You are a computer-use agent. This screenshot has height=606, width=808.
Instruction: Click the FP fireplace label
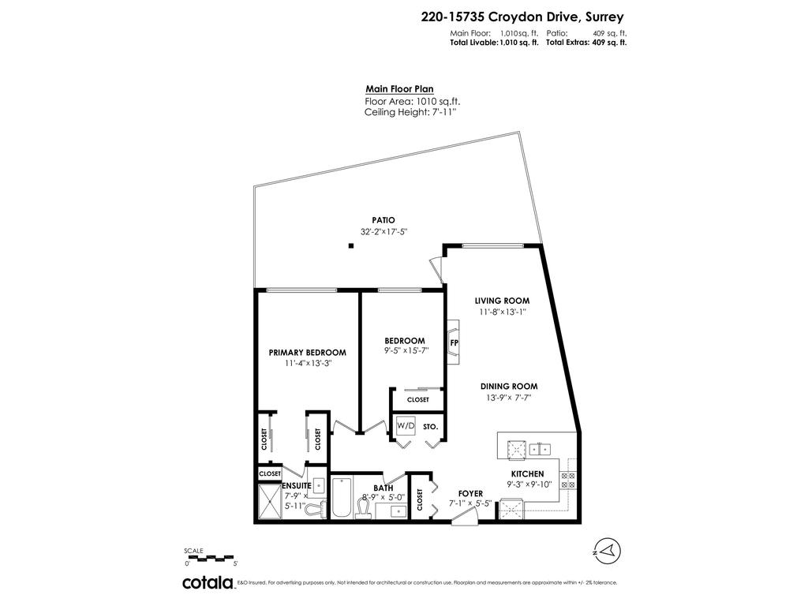[454, 343]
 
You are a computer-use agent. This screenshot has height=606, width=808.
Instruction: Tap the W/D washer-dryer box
[406, 426]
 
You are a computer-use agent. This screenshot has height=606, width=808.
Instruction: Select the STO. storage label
[430, 427]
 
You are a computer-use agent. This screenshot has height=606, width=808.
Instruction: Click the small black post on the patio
[351, 247]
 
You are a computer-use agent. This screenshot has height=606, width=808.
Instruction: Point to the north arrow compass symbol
[606, 548]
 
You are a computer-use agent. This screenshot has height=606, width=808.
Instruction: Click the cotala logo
[208, 583]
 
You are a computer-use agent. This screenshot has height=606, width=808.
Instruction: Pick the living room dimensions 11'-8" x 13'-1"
[501, 313]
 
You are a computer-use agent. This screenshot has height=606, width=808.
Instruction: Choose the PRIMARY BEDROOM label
[307, 352]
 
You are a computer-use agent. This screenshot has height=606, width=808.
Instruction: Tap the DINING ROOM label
[509, 387]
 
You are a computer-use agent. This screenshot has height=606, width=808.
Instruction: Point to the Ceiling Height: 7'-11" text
[410, 113]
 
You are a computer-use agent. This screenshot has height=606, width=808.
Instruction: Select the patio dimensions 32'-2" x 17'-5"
[383, 232]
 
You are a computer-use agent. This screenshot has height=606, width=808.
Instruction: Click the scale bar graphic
[211, 558]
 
